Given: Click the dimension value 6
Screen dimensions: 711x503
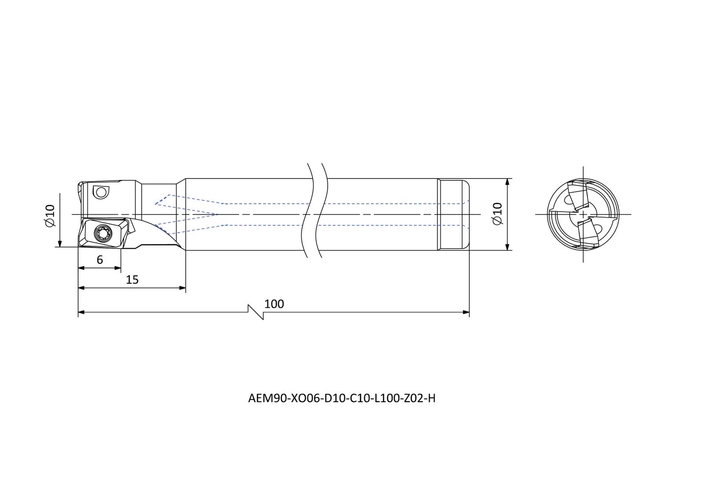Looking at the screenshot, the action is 100,260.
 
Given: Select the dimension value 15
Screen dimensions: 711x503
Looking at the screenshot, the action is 132,280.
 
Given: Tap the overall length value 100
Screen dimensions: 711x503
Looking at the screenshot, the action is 274,304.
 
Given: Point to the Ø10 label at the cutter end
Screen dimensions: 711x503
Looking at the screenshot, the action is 50,215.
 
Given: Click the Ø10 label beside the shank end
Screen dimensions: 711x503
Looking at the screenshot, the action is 497,213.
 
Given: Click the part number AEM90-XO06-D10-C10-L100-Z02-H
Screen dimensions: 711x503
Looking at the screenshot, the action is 342,398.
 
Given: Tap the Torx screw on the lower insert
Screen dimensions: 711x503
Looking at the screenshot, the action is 103,233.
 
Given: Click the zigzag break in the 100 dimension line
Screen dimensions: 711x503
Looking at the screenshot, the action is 256,312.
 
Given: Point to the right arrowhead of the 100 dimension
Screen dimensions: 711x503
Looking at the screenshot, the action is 466,312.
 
